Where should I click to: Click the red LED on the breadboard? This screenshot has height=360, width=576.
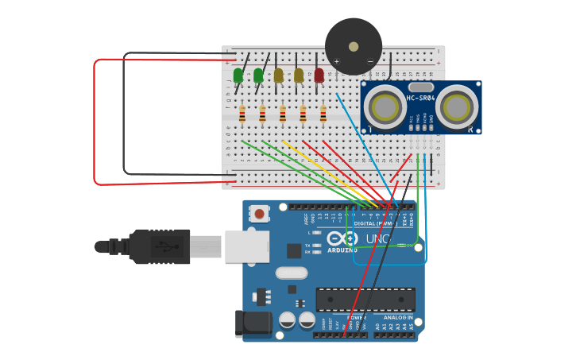click(x=319, y=75)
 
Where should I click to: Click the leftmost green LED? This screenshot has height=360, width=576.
click(x=238, y=75)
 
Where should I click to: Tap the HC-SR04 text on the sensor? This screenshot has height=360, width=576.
click(x=421, y=99)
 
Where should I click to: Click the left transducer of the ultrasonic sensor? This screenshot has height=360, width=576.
click(x=386, y=106)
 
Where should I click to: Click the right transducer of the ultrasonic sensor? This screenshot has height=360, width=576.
click(x=457, y=106)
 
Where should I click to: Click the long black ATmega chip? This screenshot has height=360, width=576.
click(x=365, y=300)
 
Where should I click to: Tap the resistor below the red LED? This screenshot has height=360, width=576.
click(x=323, y=115)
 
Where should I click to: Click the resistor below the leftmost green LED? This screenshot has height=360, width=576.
click(x=242, y=115)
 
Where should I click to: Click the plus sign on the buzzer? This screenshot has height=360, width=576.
click(x=336, y=61)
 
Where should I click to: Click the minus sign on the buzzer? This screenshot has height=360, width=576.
click(x=370, y=61)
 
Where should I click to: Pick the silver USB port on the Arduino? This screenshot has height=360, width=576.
click(x=247, y=246)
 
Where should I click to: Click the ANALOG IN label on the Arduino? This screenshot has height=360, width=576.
click(x=397, y=317)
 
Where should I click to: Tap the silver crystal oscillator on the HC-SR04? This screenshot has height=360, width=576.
click(x=421, y=87)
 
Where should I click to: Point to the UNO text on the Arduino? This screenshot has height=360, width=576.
click(x=375, y=238)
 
